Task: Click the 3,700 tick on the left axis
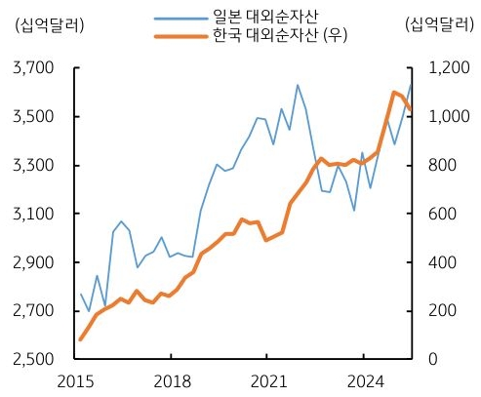tap(32, 68)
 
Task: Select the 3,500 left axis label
tap(32, 117)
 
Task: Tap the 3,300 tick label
tap(32, 166)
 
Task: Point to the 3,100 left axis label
tap(32, 214)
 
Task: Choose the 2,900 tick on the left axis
tap(32, 262)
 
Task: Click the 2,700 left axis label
tap(32, 311)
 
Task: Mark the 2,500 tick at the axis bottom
tap(32, 360)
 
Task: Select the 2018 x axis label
tap(173, 381)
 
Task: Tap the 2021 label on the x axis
tap(267, 381)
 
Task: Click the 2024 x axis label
tap(363, 381)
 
